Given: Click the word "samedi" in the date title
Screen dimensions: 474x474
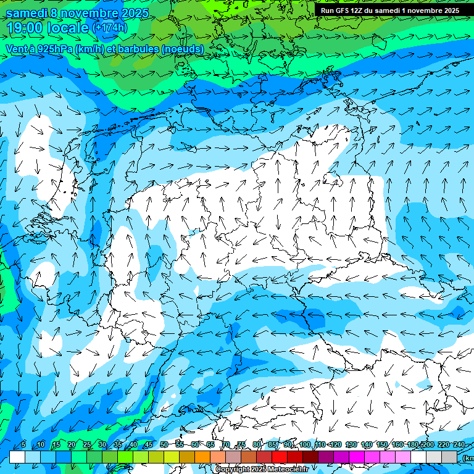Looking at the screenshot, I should tap(25, 13).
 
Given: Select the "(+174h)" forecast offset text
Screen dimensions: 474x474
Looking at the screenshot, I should tap(110, 28).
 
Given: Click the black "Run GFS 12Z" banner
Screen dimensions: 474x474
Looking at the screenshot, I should tap(389, 10).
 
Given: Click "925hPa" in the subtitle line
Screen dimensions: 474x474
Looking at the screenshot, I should tap(51, 49).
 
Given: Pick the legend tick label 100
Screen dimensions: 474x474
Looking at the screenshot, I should tap(304, 445).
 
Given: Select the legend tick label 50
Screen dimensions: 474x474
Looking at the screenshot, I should tap(164, 445).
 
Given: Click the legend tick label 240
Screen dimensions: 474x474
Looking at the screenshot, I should tap(459, 445).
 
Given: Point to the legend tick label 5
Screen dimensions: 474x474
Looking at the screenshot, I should tap(23, 445).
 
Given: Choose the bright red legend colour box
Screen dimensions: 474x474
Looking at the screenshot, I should tap(280, 457).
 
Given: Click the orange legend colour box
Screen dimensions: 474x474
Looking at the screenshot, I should tap(202, 457).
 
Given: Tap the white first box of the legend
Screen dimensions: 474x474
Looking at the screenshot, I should tap(17, 457).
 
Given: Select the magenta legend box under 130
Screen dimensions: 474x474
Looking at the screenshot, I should tap(357, 457).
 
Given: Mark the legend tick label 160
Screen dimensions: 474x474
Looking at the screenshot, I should tap(397, 445).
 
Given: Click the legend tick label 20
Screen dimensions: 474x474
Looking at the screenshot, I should tap(71, 445).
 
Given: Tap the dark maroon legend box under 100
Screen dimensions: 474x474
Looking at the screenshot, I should tap(310, 457).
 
